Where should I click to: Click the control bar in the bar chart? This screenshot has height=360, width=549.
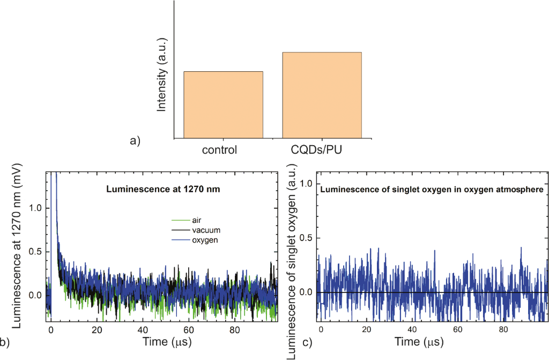[x=223, y=104]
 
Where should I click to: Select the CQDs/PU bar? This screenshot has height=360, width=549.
[x=322, y=95]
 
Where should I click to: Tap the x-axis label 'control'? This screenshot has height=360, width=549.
[x=219, y=149]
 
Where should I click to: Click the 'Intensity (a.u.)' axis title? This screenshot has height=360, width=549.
[x=161, y=74]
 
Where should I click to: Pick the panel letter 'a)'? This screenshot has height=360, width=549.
[x=135, y=141]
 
